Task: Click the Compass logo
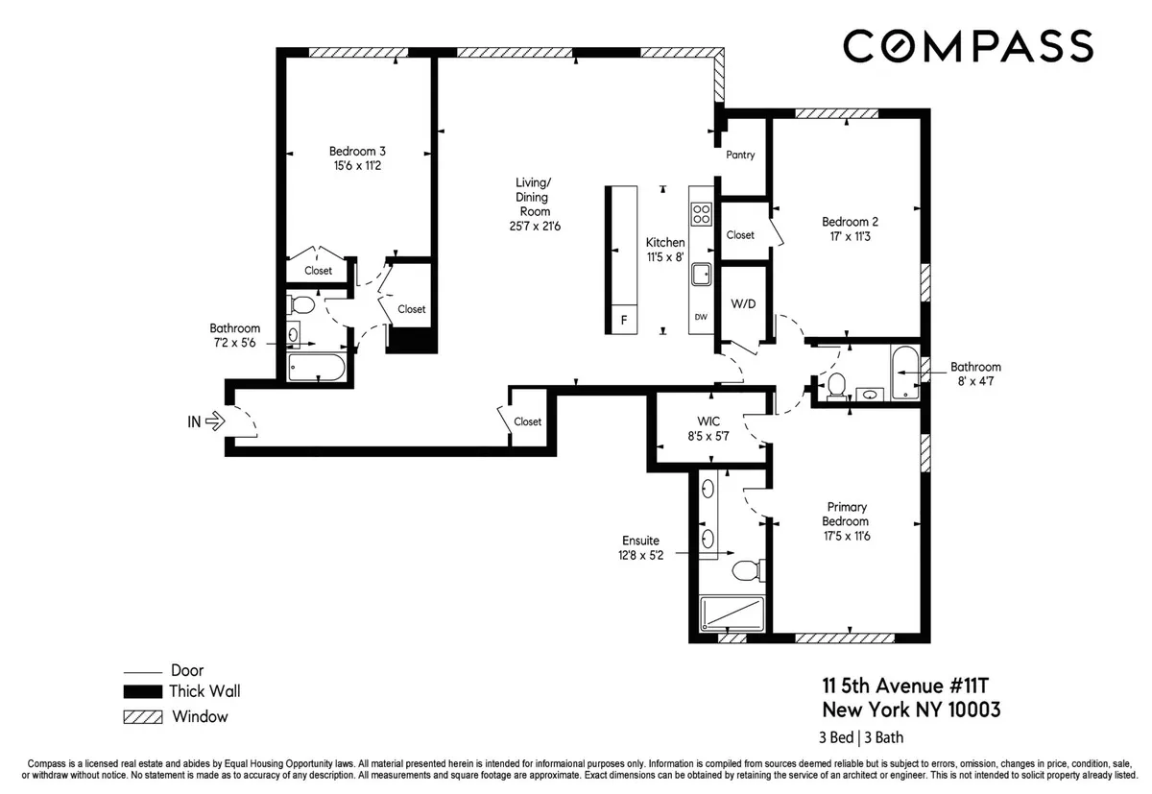pos(967,46)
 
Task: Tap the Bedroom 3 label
pos(357,151)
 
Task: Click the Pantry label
pos(740,156)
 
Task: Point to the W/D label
pos(744,305)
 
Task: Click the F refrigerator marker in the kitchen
pos(624,321)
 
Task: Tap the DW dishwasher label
pos(701,317)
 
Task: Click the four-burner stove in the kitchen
pos(701,213)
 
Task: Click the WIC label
pos(708,421)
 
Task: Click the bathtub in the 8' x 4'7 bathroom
pos(904,373)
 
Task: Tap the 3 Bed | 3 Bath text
pos(861,738)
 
